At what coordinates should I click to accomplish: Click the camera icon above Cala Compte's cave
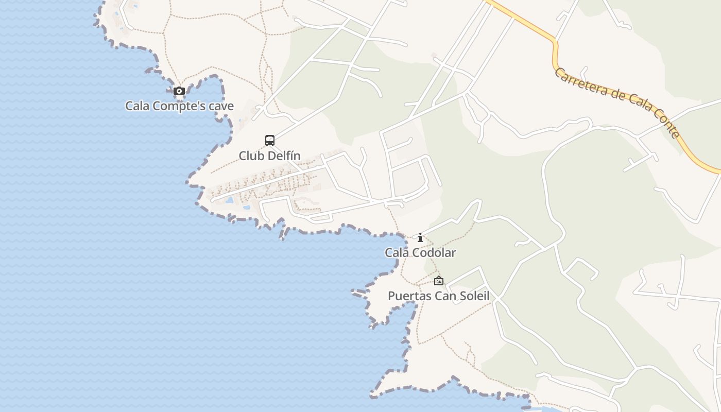pos(179,91)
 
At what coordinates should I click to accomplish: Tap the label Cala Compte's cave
pos(179,106)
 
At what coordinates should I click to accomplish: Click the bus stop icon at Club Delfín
pos(270,140)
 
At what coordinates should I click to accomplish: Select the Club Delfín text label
pos(269,156)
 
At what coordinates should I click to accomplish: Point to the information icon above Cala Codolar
pos(420,237)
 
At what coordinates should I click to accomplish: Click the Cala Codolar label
pos(420,252)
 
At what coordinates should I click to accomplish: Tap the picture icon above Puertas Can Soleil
pos(439,281)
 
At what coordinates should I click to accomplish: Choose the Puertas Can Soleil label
pos(438,296)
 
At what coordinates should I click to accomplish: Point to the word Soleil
pos(474,296)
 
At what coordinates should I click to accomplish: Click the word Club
pos(250,156)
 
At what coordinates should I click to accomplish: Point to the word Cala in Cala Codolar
pos(397,252)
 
